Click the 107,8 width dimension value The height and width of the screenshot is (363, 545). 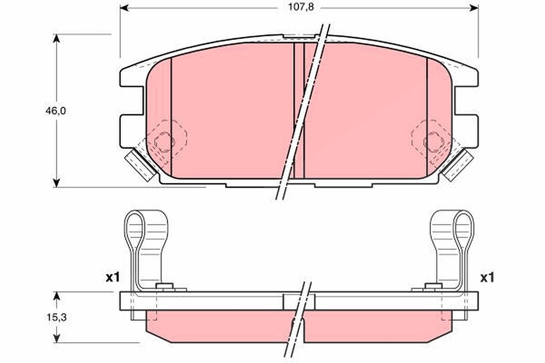(x=301, y=7)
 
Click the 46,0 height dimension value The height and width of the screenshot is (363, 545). (x=56, y=111)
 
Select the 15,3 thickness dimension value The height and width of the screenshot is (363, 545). (x=56, y=317)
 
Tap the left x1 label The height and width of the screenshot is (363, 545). (x=113, y=277)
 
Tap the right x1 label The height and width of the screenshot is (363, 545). (x=487, y=277)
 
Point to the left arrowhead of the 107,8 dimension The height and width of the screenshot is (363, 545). (x=124, y=8)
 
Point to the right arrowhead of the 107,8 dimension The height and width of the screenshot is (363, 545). (x=474, y=8)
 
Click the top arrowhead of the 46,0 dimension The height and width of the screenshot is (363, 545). (x=56, y=39)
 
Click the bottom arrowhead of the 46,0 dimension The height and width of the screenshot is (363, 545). (x=56, y=183)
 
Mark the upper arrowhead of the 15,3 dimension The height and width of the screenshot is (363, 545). (x=56, y=296)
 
